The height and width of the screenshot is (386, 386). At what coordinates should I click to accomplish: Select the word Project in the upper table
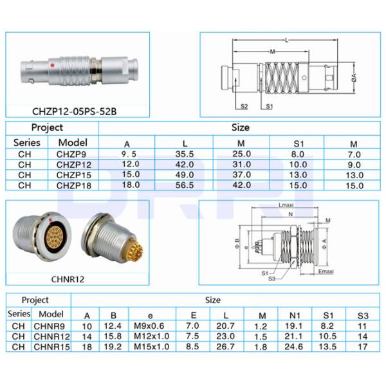pos(47,127)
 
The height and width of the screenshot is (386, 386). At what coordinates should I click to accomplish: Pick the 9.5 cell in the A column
pos(131,154)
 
